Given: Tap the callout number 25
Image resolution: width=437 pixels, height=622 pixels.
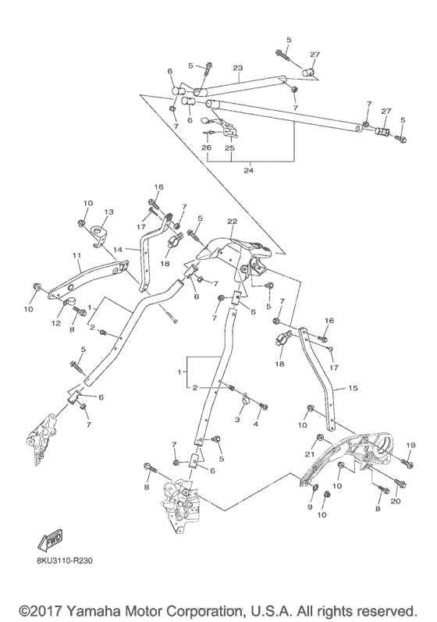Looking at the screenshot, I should pos(229,148).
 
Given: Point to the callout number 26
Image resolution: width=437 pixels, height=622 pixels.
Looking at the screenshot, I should pos(206,148).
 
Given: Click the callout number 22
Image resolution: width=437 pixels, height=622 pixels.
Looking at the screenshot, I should pos(232,222).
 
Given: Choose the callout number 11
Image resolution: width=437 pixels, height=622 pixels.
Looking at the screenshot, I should pos(76,255).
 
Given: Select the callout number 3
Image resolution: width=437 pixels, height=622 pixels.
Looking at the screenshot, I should pos(238,420).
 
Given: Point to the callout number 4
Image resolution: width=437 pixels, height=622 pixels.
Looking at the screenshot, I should pos(256,425).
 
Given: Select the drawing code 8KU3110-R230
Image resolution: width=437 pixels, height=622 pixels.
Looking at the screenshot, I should pos(70,559).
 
